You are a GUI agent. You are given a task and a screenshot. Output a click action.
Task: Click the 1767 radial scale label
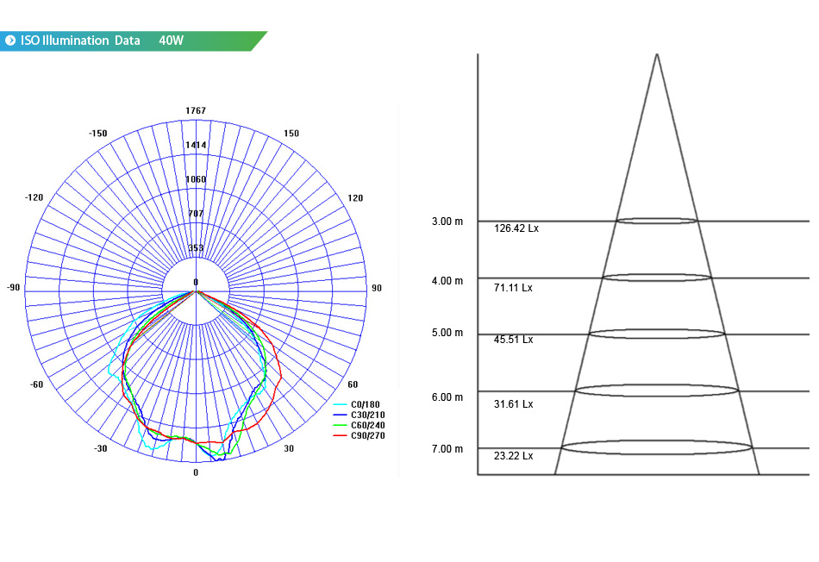(x=196, y=110)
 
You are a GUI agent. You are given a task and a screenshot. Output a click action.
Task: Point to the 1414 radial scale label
(x=196, y=145)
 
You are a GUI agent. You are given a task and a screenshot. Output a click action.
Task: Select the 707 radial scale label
(x=196, y=214)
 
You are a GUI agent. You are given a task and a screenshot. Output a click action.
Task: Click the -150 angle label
(x=97, y=134)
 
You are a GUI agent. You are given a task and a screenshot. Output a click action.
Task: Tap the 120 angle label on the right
(x=355, y=198)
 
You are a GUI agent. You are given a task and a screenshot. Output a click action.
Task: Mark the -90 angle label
(x=13, y=288)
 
